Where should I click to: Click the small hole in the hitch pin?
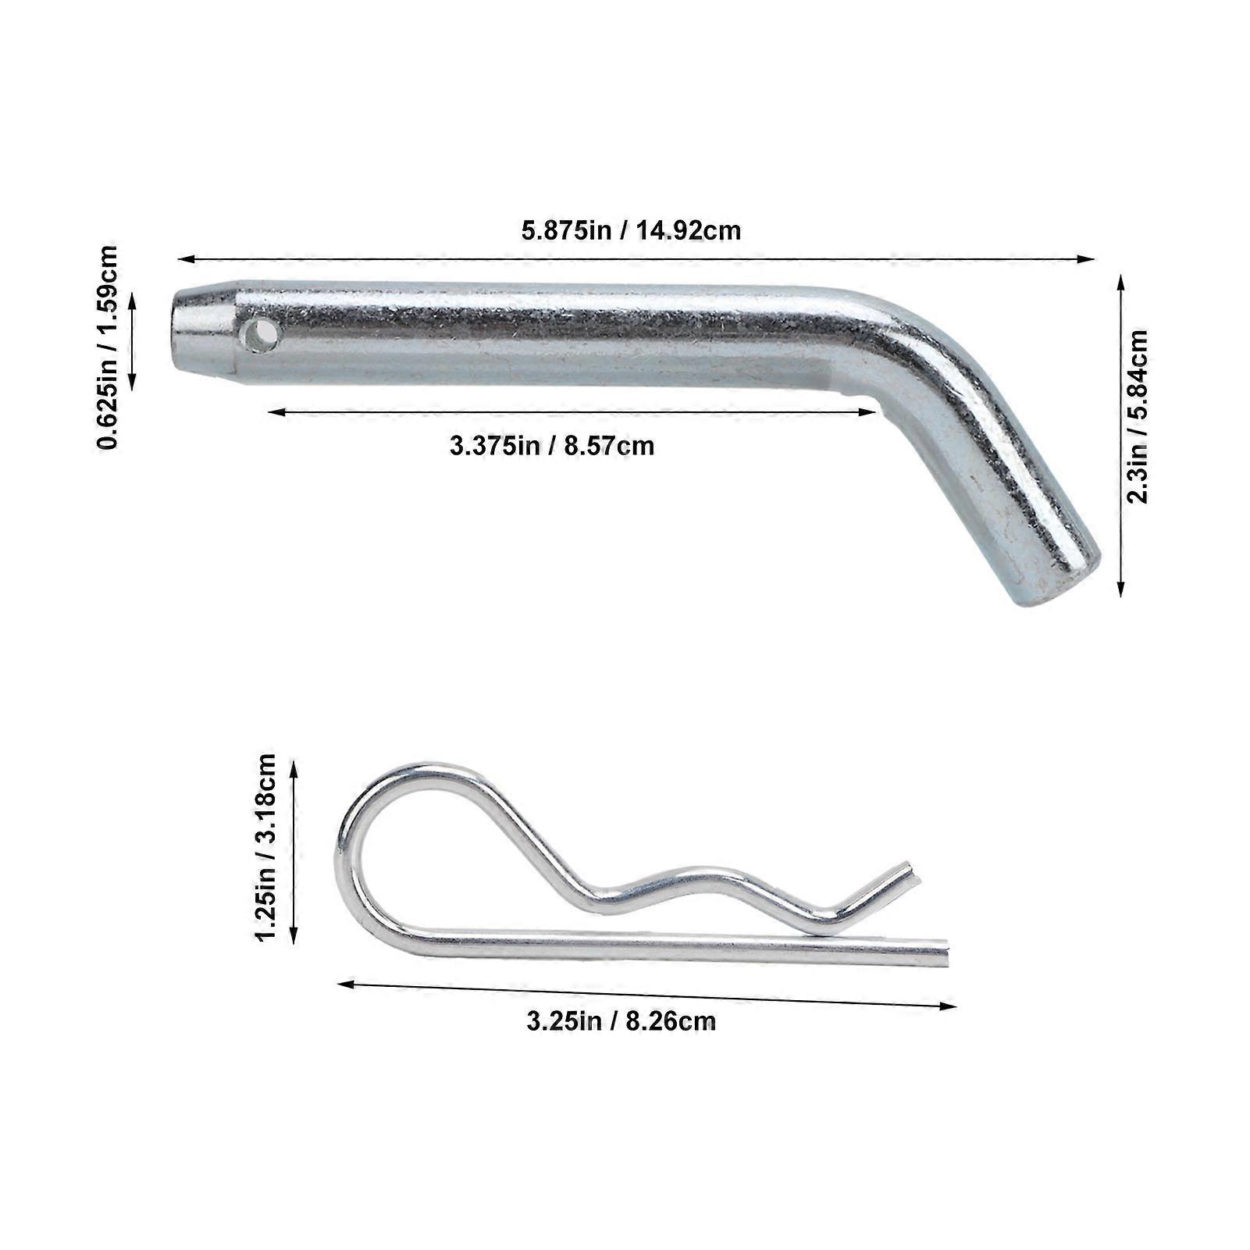pyautogui.click(x=261, y=336)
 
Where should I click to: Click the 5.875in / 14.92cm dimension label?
pyautogui.click(x=631, y=231)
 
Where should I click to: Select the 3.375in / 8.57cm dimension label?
pyautogui.click(x=552, y=446)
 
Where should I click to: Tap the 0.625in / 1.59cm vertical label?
pyautogui.click(x=107, y=347)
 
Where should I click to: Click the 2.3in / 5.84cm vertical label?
pyautogui.click(x=1138, y=417)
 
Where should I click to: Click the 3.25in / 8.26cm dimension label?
pyautogui.click(x=621, y=1021)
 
